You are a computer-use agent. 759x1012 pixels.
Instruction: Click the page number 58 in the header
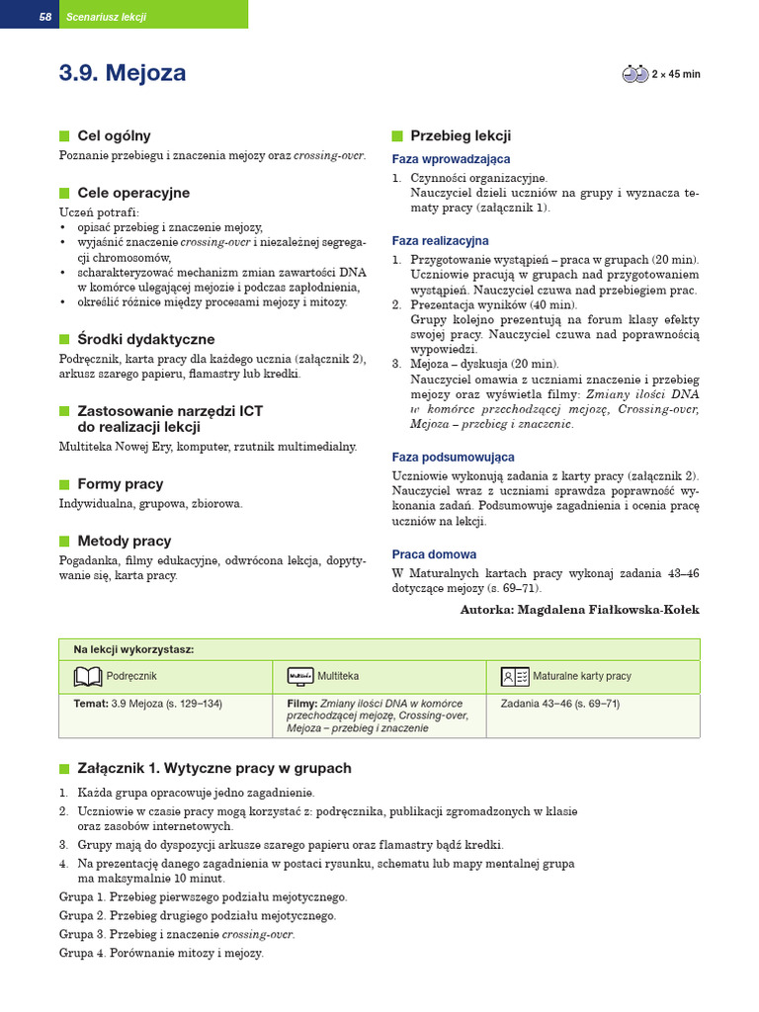click(44, 17)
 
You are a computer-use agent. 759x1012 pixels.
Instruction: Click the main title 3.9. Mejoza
click(123, 74)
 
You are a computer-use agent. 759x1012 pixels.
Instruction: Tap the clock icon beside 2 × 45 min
click(634, 74)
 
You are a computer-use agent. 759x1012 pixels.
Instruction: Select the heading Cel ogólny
click(114, 136)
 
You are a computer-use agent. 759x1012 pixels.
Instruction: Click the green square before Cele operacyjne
click(64, 194)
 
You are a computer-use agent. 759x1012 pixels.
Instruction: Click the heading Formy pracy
click(120, 484)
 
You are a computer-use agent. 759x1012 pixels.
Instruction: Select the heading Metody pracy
click(124, 542)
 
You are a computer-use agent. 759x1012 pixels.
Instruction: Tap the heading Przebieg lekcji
click(461, 136)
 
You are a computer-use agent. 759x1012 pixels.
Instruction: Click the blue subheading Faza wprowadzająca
click(451, 159)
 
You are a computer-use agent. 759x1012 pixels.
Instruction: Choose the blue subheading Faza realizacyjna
click(440, 241)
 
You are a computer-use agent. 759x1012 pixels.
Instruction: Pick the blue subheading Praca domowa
click(434, 555)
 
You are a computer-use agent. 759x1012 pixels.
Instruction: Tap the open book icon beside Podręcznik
click(88, 676)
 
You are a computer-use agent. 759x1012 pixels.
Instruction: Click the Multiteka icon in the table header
click(300, 676)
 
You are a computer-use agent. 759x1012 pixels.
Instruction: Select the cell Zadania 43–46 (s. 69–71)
click(560, 705)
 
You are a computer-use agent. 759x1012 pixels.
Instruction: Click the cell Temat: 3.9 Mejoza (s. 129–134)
click(148, 705)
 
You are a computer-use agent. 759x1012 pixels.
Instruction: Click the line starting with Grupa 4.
click(161, 954)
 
